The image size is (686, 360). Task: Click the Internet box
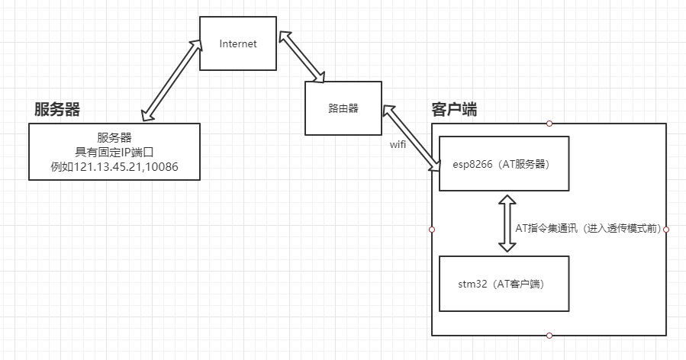[x=238, y=43]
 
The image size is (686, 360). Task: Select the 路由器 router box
[x=343, y=108]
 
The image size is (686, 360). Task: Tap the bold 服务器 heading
[x=56, y=109]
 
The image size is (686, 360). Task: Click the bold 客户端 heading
[x=454, y=109]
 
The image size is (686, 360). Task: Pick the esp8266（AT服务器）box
[x=504, y=163]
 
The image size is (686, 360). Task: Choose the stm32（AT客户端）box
[x=504, y=284]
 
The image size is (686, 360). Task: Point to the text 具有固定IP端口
[x=114, y=152]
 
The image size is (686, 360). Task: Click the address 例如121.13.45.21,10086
[x=114, y=166]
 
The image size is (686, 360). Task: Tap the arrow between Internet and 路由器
[x=302, y=56]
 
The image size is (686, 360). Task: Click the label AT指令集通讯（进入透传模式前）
[x=589, y=228]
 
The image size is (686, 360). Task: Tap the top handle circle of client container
[x=549, y=123]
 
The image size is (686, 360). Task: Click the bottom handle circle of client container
[x=549, y=336]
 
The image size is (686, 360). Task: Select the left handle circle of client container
[x=432, y=229]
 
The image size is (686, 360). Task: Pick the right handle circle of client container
[x=666, y=229]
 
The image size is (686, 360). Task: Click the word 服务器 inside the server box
[x=114, y=137]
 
